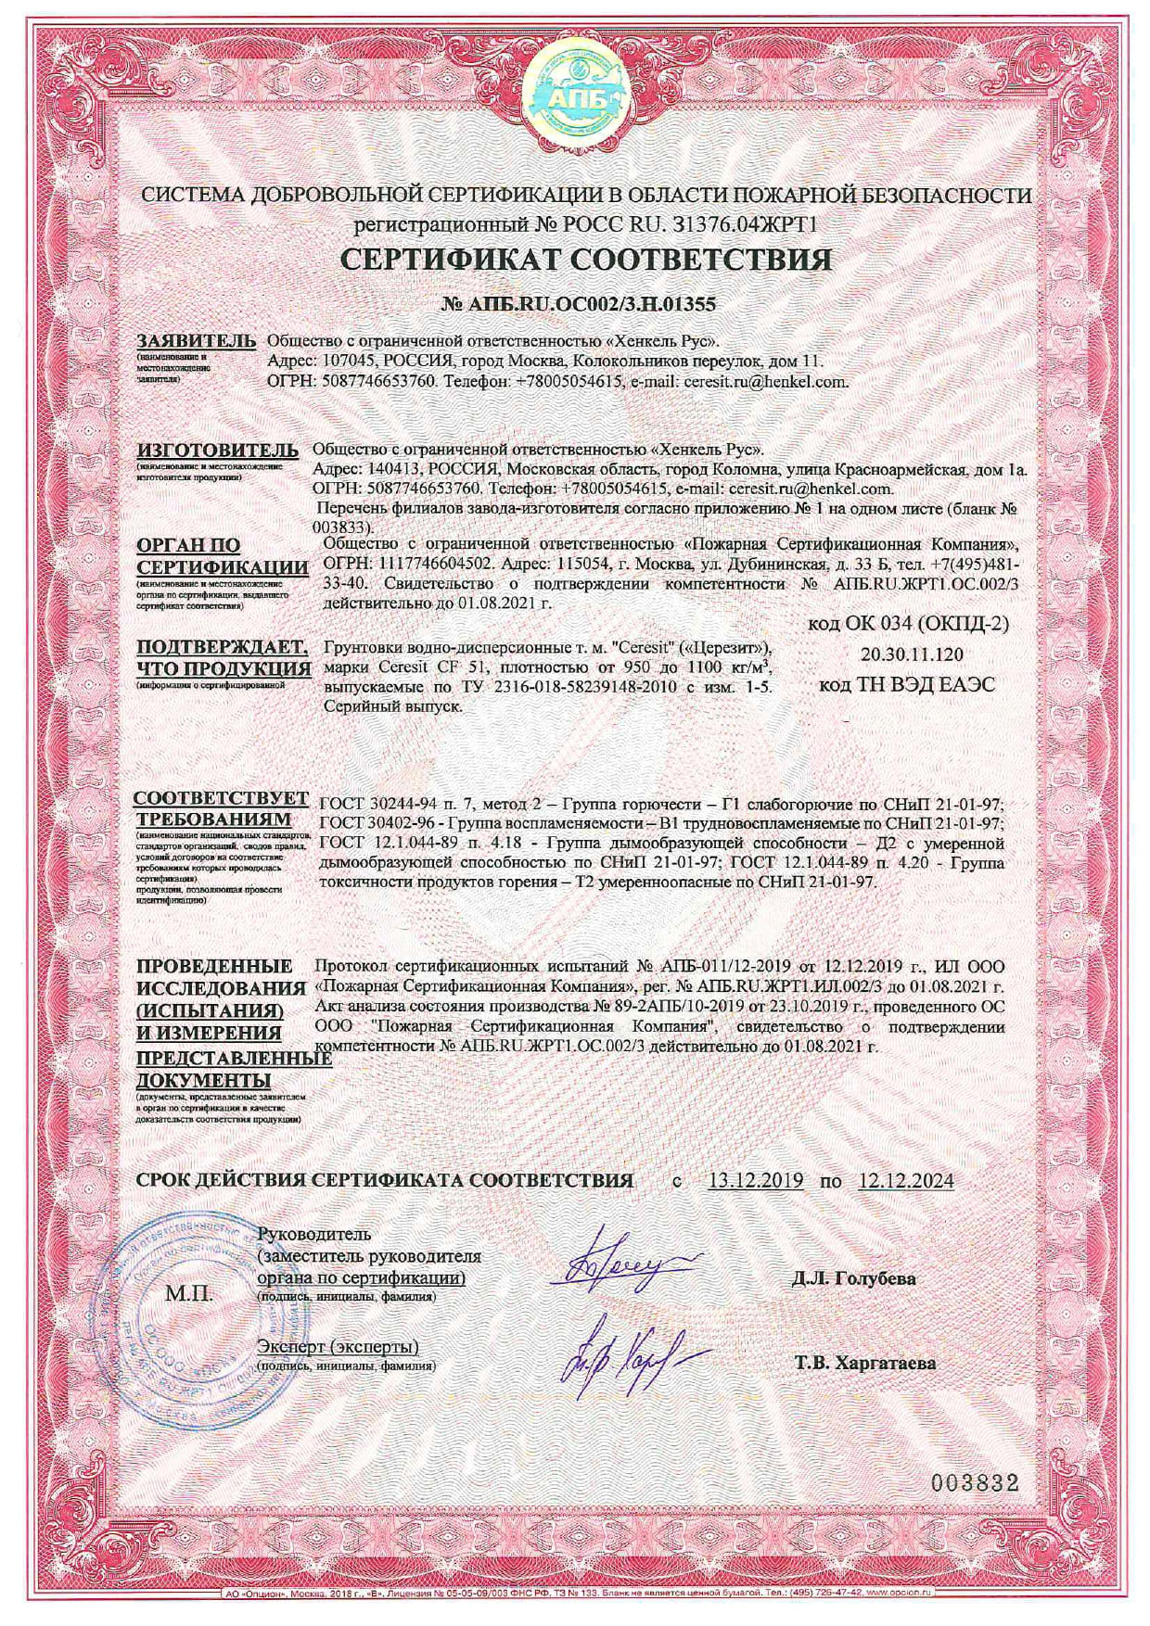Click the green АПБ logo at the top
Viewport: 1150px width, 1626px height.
574,95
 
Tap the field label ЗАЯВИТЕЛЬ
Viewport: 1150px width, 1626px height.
196,340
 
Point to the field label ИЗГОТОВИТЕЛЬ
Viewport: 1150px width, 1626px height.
217,451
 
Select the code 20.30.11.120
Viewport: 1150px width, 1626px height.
912,654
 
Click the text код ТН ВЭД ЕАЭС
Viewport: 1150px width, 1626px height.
907,685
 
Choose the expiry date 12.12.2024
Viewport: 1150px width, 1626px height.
905,1181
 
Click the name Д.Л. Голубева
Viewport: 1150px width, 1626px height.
853,1279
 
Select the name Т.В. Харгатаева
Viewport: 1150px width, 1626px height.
864,1364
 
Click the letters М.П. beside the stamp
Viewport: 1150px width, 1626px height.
189,1292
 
